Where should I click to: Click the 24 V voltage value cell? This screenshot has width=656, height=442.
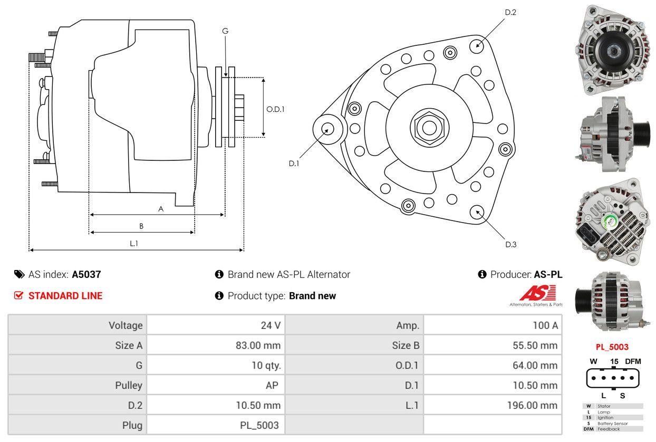tap(271, 325)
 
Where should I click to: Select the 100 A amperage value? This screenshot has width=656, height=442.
tap(545, 325)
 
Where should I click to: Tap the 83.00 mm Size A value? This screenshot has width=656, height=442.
tap(258, 345)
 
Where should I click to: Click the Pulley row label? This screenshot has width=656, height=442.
tap(129, 385)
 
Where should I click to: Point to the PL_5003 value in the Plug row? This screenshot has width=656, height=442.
tap(259, 425)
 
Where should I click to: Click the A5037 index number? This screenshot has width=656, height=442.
tap(86, 274)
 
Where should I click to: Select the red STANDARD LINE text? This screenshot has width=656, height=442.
tap(65, 296)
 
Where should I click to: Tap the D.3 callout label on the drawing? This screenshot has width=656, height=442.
tap(510, 244)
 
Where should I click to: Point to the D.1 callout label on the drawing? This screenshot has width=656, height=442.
tap(294, 164)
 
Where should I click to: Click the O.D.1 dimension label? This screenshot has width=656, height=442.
tap(275, 110)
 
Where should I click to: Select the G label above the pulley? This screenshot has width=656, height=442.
tap(225, 31)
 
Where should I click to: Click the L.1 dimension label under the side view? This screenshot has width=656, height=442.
tap(134, 243)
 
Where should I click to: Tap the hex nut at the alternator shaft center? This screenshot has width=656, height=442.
tap(427, 127)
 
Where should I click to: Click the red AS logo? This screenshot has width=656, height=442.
tap(537, 293)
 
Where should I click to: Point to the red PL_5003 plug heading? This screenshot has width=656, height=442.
tap(612, 347)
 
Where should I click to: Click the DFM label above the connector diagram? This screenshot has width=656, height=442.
tap(633, 361)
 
